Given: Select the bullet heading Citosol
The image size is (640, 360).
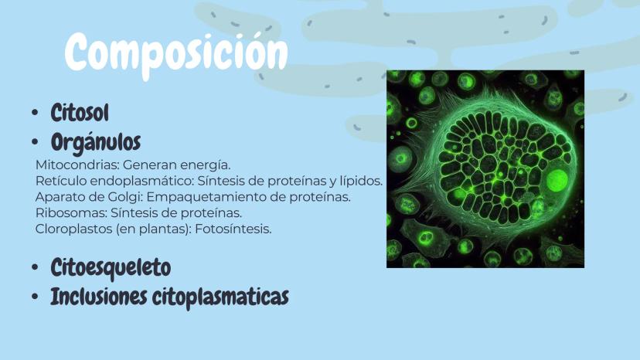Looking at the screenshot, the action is tap(80, 113).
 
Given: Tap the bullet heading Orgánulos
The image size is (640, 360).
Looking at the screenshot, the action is tap(96, 142).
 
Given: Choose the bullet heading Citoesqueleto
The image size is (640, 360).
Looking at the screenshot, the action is tap(111, 268).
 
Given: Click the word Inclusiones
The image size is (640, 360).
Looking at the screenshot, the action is tap(98, 297).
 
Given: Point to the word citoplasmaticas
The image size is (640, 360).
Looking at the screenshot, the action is tap(220, 297).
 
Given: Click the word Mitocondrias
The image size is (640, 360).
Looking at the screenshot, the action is tap(77, 165).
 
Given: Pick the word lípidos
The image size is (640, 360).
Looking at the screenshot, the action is tap(361, 182).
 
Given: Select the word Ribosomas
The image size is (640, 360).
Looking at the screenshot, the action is tap(71, 213).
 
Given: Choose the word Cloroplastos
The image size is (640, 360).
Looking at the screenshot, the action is tap(73, 229).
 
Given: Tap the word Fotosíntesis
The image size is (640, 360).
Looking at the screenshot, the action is tap(233, 229).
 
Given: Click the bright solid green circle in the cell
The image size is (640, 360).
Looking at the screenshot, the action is tap(557, 181).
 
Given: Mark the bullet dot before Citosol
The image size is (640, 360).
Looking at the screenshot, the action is tap(35, 113).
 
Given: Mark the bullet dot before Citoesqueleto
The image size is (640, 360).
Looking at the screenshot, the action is tap(35, 268).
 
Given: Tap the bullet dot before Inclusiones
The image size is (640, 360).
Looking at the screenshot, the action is tap(35, 297).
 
